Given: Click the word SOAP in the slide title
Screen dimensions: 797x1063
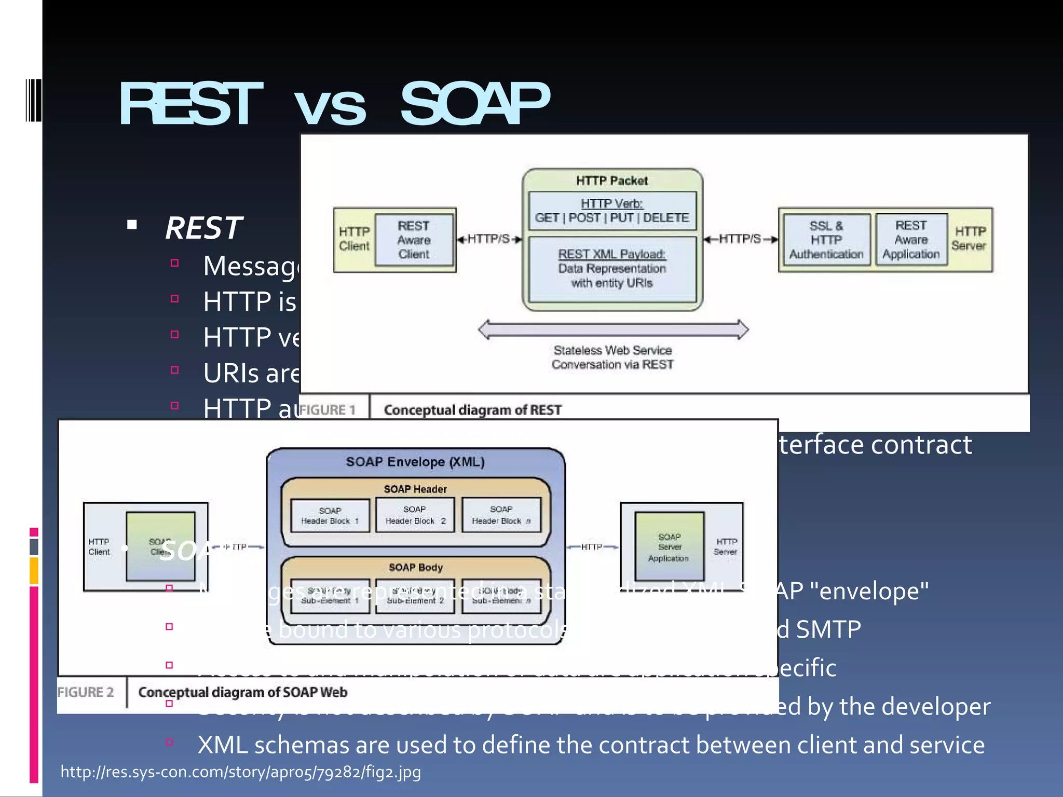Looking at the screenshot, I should tap(474, 104).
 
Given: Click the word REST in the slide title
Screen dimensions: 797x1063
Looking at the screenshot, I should tap(190, 104).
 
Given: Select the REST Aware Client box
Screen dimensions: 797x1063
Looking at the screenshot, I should tap(414, 240).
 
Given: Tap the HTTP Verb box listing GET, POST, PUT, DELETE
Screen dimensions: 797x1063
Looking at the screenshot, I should tap(612, 211).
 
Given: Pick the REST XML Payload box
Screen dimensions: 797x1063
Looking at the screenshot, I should tap(612, 269).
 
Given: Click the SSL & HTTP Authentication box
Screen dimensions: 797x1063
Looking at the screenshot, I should tap(826, 240).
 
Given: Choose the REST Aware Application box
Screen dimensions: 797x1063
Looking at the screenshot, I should tap(911, 240).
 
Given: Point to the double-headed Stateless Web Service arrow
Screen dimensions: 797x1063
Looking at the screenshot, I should tap(613, 329).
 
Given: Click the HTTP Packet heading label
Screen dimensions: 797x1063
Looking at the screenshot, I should tap(612, 181).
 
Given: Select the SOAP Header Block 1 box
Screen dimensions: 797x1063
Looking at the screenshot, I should tap(330, 516).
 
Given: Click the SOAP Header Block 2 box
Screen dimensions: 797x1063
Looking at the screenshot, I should tap(415, 515).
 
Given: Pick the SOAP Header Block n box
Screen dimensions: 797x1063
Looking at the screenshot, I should tap(501, 515).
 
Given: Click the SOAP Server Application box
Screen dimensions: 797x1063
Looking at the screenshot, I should tap(669, 547).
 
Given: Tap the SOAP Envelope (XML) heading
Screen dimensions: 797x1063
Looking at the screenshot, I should tap(415, 462).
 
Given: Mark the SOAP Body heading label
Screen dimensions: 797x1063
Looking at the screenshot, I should tap(416, 568).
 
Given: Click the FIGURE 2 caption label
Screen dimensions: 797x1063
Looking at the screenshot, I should tap(86, 692).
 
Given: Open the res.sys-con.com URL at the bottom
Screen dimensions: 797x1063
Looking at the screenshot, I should tap(241, 772).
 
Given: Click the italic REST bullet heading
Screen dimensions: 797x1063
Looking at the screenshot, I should tap(203, 228).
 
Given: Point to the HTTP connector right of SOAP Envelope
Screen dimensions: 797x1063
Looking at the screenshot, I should tap(592, 547).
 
